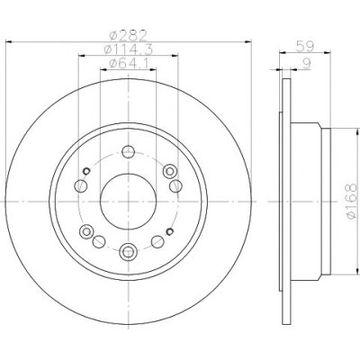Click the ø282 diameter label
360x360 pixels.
128,35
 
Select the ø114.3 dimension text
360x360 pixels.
128,49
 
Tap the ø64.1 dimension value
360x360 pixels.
128,63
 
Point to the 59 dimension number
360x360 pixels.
305,47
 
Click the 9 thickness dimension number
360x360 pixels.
306,63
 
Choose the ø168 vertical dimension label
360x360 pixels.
350,201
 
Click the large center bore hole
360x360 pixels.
128,202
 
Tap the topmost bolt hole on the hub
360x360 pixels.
128,151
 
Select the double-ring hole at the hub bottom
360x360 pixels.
128,251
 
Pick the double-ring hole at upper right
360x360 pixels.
169,172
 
